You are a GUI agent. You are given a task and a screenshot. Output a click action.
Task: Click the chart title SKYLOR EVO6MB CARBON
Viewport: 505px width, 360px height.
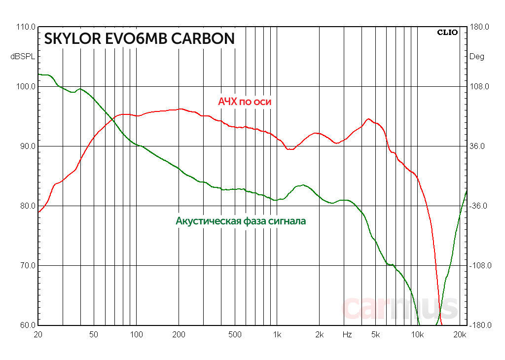139,39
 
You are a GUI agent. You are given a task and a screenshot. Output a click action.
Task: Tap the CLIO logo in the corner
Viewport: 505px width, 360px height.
447,33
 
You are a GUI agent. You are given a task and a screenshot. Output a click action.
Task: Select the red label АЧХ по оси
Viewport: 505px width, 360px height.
245,102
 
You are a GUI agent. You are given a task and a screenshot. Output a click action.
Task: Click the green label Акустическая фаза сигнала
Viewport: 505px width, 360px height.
241,221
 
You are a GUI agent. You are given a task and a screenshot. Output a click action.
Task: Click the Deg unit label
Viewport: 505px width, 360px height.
477,57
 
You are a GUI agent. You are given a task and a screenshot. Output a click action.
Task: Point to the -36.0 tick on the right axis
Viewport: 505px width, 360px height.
478,206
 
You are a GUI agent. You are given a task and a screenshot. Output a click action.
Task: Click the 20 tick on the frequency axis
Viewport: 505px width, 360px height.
38,335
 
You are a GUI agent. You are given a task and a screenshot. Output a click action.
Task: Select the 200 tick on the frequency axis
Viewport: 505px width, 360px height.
179,335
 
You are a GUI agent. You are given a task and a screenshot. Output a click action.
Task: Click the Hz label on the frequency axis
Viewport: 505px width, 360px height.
347,335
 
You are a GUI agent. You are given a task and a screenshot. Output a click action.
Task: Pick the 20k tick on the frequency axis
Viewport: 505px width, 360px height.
460,335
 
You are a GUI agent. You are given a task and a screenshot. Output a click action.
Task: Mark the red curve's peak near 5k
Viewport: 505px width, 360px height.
368,119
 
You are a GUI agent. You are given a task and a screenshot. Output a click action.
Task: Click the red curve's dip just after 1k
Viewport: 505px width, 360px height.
290,149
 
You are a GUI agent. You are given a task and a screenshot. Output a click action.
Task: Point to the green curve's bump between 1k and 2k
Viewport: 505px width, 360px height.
303,185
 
